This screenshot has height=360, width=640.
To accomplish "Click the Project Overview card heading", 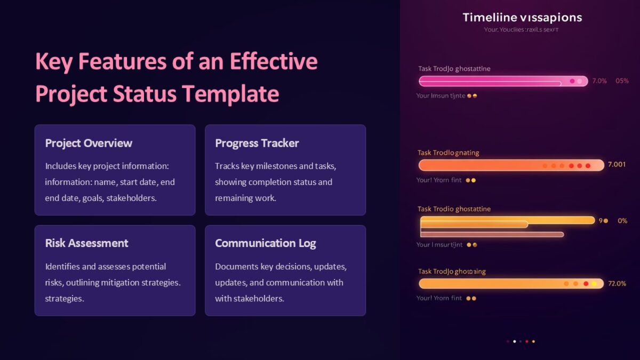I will [89, 143].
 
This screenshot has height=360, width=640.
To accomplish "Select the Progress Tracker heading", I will [257, 143].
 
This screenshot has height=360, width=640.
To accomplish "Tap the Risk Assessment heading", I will [86, 243].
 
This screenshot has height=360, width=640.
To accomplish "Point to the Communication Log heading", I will [265, 243].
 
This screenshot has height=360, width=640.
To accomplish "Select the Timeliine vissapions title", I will [522, 18].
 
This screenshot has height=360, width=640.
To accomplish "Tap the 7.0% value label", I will [599, 81].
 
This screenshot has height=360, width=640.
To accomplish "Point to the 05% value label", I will [622, 81].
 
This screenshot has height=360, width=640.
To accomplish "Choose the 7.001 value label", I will [617, 165].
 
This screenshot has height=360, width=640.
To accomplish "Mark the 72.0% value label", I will [617, 284].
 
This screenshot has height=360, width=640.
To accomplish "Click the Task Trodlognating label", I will [448, 153].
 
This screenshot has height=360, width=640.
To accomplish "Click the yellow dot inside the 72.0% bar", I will [594, 284].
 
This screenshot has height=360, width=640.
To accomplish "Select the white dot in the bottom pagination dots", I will [514, 341].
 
